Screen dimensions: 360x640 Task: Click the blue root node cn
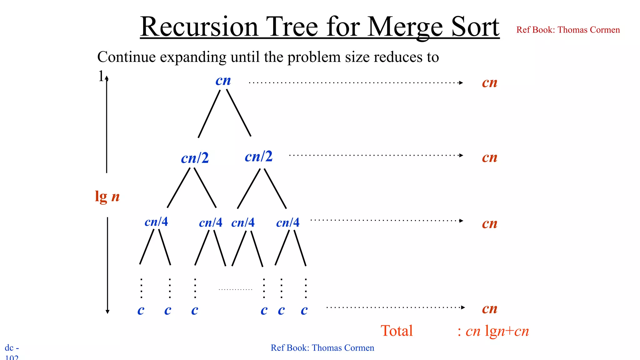point(223,81)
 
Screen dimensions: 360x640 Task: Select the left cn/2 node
point(195,158)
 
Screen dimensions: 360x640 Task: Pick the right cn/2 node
point(258,156)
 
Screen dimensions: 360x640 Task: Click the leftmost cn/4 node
point(156,222)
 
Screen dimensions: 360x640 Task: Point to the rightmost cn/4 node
point(288,222)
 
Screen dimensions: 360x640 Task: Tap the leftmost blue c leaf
point(141,310)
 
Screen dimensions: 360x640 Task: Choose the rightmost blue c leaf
point(304,310)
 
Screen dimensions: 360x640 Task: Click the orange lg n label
point(107,197)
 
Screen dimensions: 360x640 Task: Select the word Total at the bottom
point(397,331)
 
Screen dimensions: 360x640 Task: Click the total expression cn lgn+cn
point(497,331)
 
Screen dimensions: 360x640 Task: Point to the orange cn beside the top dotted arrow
point(489,82)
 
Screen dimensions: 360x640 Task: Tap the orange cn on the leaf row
point(489,308)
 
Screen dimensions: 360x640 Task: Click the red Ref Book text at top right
point(568,30)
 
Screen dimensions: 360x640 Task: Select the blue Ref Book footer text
point(322,348)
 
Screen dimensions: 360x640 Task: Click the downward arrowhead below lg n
point(107,312)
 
